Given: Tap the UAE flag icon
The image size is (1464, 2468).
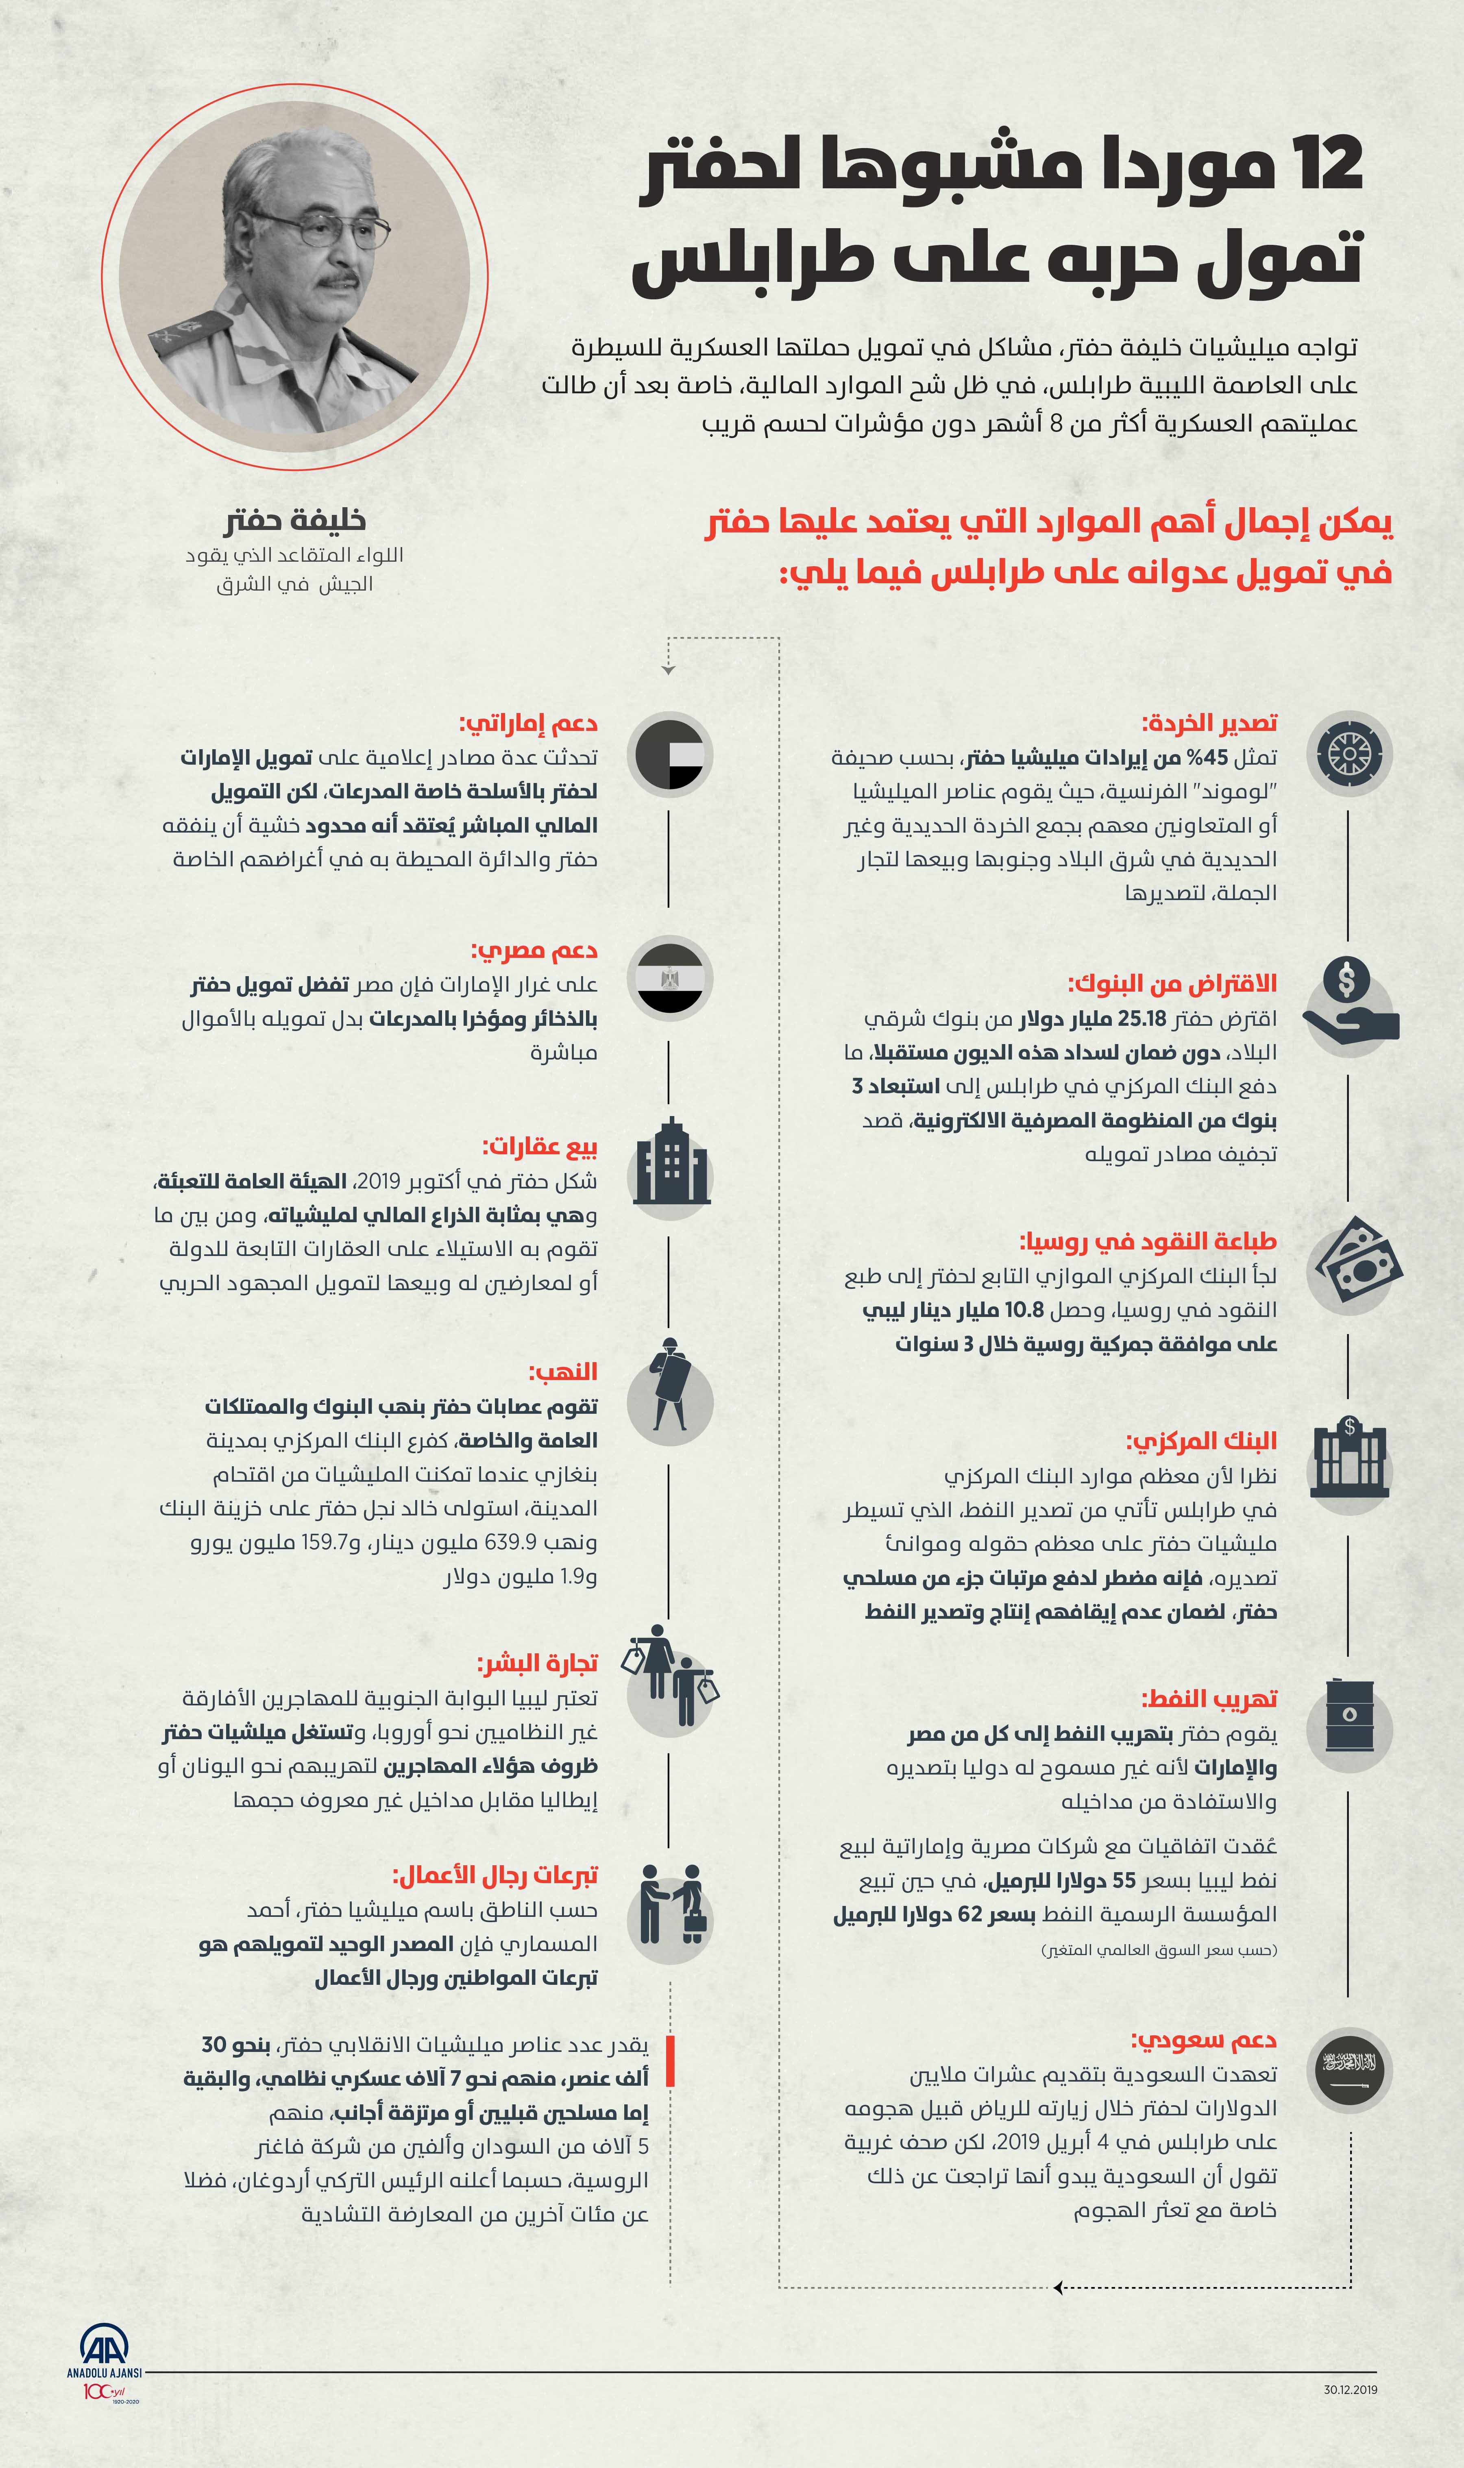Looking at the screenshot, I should (670, 754).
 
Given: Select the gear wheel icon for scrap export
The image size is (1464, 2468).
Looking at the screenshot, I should (1349, 754).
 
